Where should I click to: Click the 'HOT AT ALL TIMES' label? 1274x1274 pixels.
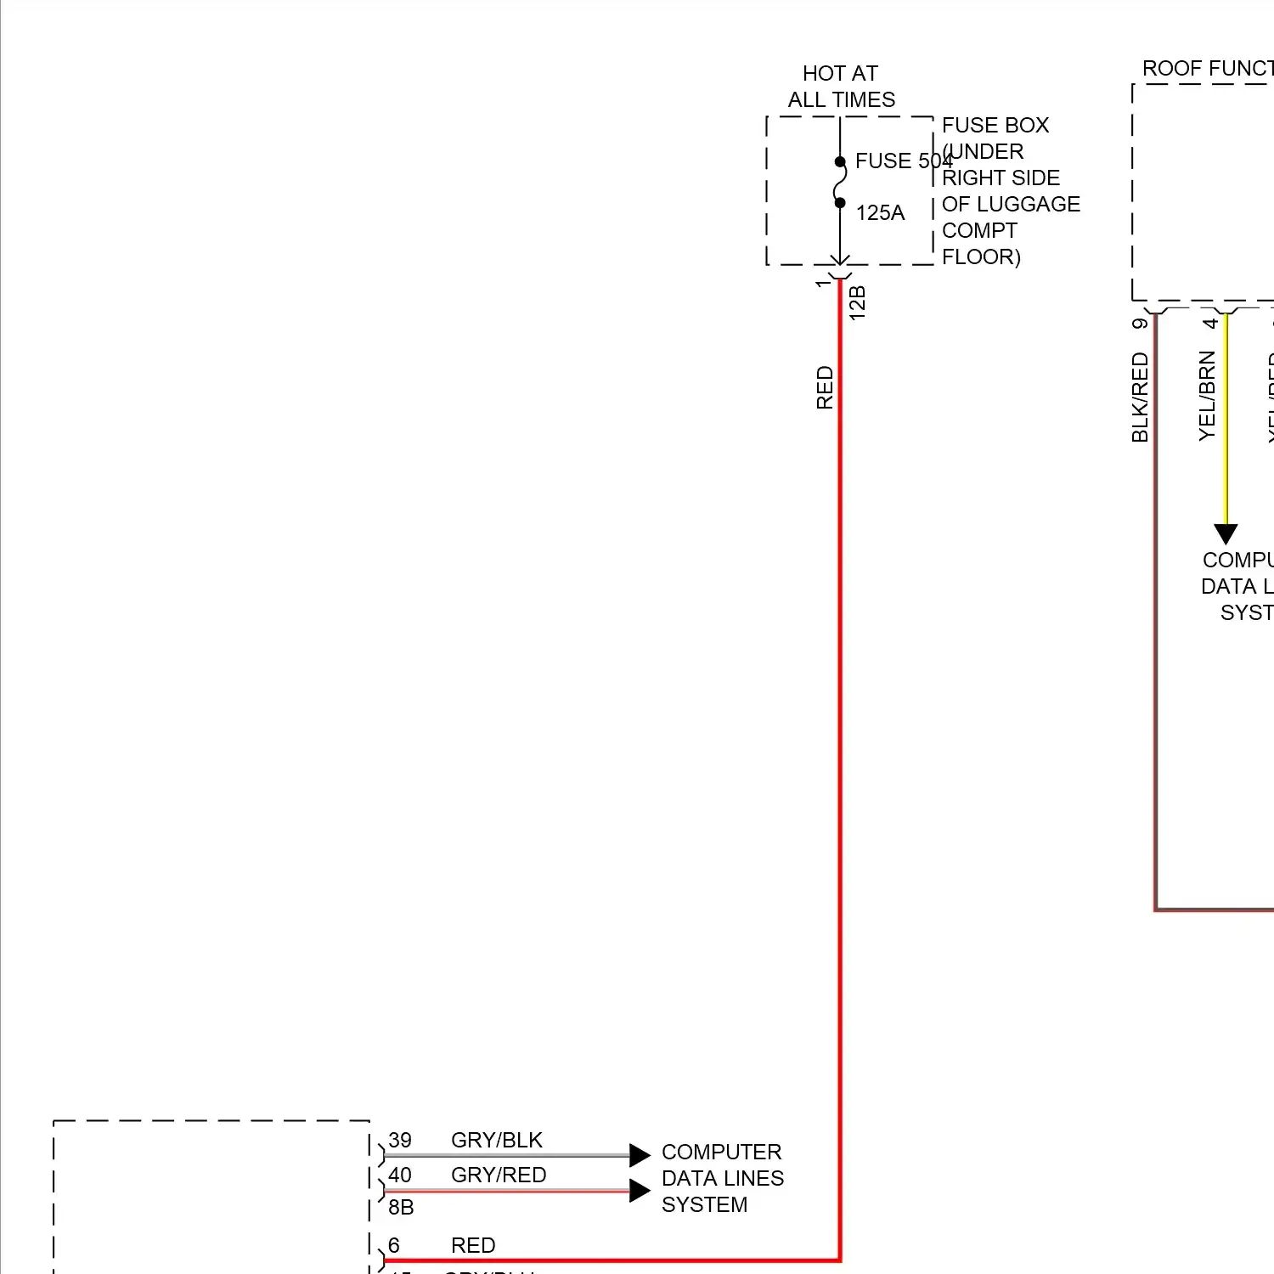(x=841, y=87)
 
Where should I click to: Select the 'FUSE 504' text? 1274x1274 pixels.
(x=903, y=161)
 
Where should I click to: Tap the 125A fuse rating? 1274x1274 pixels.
(x=880, y=212)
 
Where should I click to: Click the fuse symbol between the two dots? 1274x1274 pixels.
(x=840, y=183)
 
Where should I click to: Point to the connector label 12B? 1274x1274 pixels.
(x=858, y=303)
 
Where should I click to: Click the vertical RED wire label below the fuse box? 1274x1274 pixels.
(x=825, y=387)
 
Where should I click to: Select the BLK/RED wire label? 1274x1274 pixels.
(x=1140, y=397)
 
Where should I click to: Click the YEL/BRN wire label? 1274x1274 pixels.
(x=1207, y=396)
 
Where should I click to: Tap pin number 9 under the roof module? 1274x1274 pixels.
(x=1140, y=323)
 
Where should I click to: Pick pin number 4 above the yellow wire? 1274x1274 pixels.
(x=1210, y=323)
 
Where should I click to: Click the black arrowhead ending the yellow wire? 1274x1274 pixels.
(x=1226, y=533)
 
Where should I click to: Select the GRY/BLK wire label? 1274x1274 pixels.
(x=496, y=1140)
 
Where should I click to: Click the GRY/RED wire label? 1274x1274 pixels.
(x=499, y=1175)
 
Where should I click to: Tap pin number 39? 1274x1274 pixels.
(x=400, y=1140)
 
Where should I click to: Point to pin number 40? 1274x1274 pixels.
(x=400, y=1175)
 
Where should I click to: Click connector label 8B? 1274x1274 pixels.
(x=401, y=1207)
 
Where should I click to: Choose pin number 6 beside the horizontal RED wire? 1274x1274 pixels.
(x=394, y=1245)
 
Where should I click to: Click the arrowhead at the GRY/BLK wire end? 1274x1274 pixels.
(x=640, y=1155)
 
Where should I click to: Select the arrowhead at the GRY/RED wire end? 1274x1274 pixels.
(x=640, y=1190)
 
